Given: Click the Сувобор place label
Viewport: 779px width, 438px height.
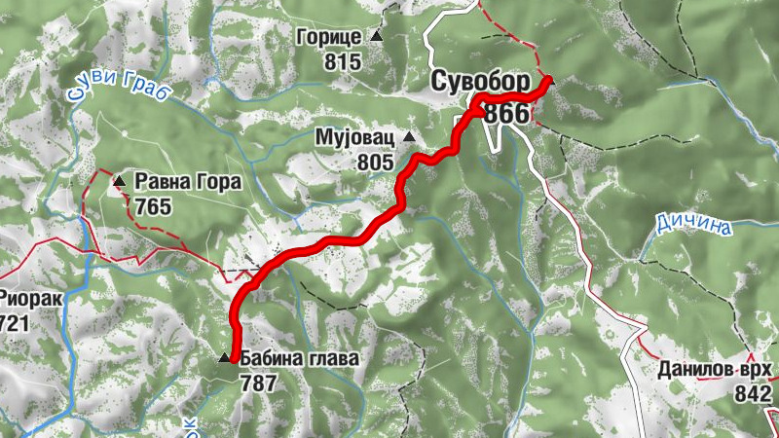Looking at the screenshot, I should click(x=481, y=81).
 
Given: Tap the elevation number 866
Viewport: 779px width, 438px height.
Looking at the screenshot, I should click(x=506, y=114).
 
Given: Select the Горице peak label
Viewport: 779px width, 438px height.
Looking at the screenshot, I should click(x=331, y=38).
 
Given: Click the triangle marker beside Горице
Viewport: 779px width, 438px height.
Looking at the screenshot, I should click(x=376, y=37).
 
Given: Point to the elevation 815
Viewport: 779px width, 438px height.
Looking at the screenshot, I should click(x=345, y=63).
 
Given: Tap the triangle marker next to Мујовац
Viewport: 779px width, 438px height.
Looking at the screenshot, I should click(x=409, y=137).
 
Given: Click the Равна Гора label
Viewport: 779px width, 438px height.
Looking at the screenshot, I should click(x=174, y=181).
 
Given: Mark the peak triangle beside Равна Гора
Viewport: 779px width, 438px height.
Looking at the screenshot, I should click(x=119, y=180).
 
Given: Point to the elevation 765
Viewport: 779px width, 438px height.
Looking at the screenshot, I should click(x=154, y=206).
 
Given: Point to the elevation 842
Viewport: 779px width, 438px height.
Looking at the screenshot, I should click(x=754, y=393).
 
